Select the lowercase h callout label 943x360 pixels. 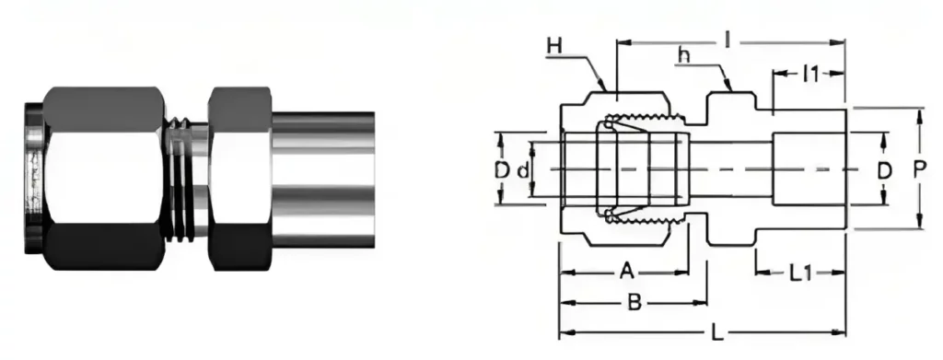point(684,55)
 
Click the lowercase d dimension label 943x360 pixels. point(522,170)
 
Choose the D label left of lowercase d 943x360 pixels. point(501,170)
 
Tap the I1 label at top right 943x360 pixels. point(809,75)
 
